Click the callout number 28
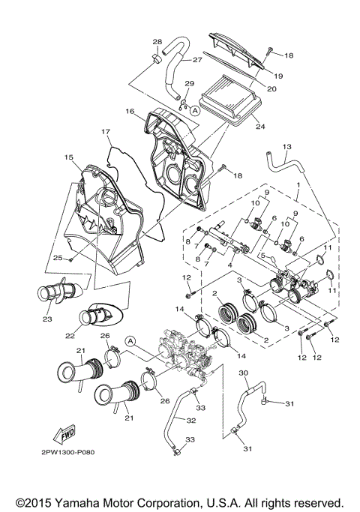157,41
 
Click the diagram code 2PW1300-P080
68,452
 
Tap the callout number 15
68,157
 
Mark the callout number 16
130,111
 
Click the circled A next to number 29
194,109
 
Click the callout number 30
243,373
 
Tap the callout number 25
56,257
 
